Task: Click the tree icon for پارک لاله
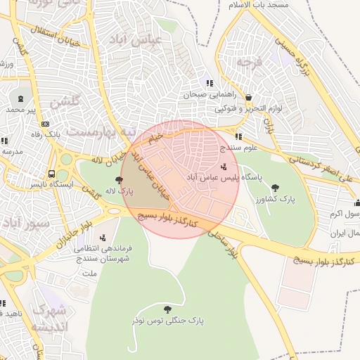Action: coord(127,180)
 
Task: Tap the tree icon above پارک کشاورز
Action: coord(275,188)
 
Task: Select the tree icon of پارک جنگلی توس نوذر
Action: coord(167,309)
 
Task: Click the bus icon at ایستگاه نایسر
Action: coord(51,174)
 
